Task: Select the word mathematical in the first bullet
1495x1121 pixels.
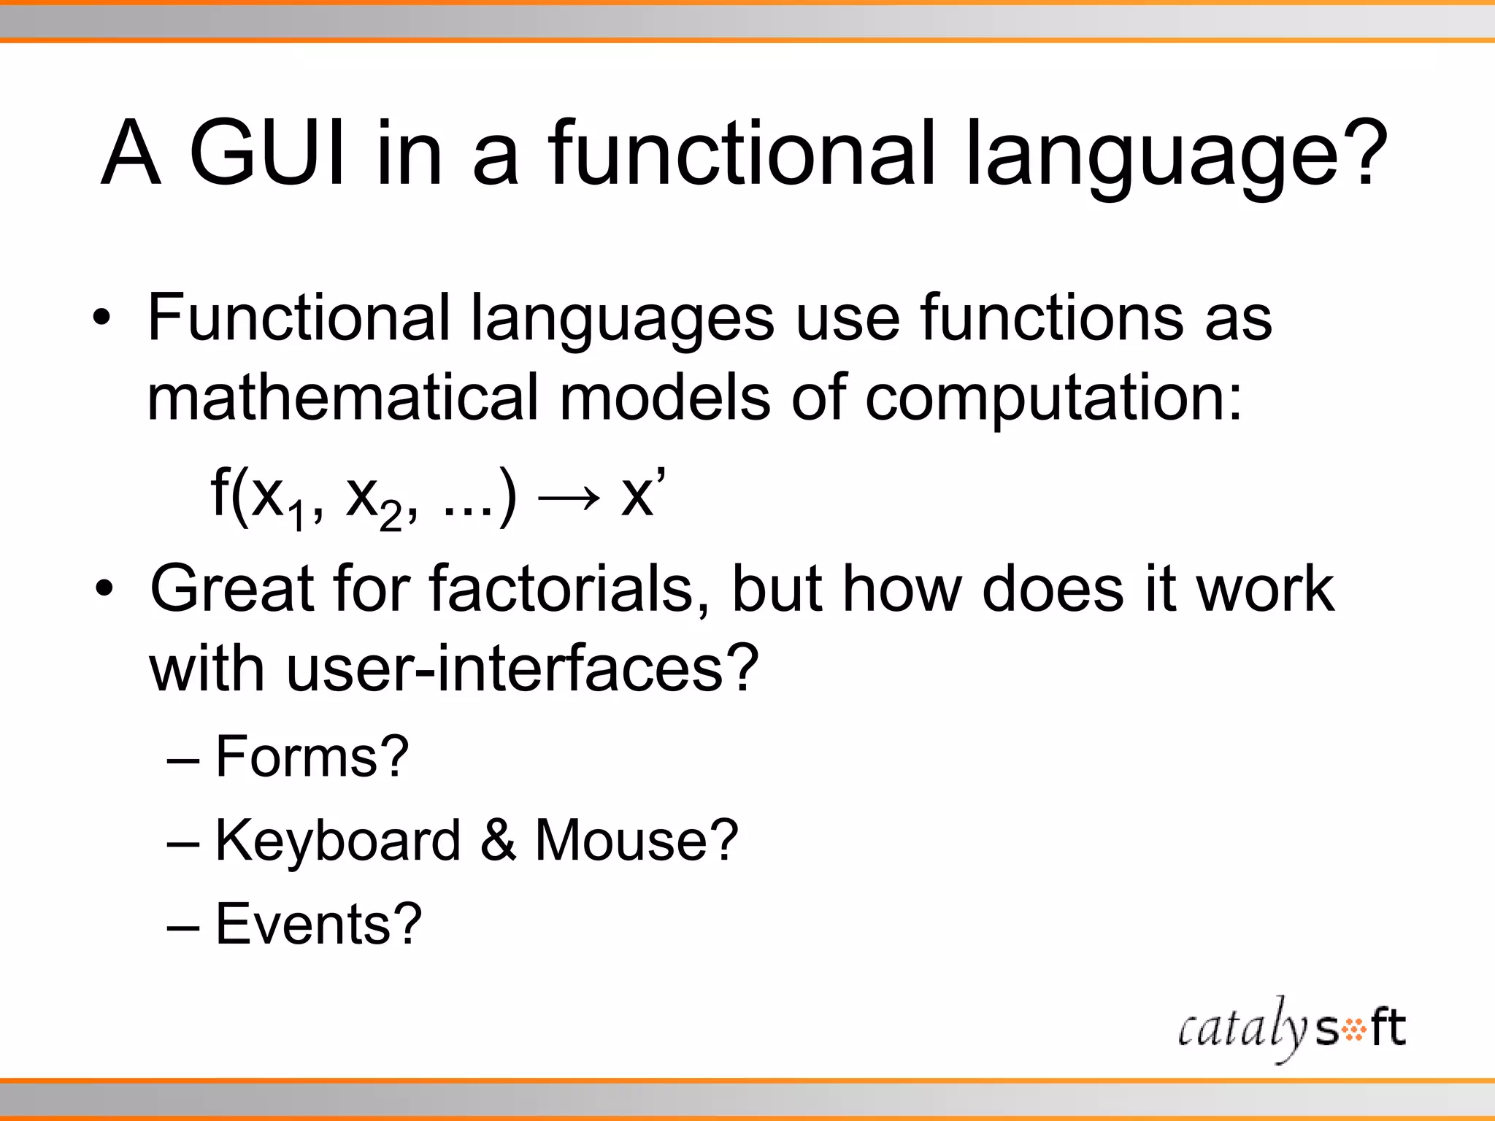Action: (x=342, y=398)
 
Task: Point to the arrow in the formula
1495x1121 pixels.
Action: (x=569, y=498)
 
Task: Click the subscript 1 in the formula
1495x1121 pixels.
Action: (x=296, y=517)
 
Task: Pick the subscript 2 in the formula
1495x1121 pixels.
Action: (x=391, y=517)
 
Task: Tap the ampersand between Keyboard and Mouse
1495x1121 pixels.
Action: (x=499, y=840)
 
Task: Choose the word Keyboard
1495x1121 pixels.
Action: (x=338, y=840)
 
